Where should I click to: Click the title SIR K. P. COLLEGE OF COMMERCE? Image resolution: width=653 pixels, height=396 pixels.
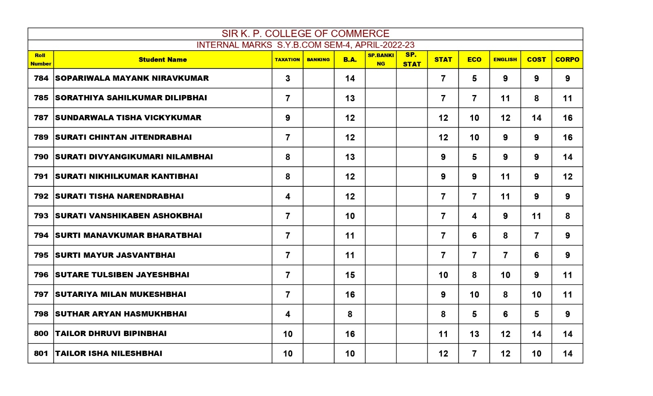point(305,33)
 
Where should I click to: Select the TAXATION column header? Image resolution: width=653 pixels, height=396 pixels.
point(287,60)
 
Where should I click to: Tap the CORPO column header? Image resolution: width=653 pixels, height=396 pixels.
point(567,60)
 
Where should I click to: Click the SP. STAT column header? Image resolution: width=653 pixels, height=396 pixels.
point(411,60)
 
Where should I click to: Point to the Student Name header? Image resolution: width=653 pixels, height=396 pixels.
point(162,60)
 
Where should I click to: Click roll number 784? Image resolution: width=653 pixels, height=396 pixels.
point(41,78)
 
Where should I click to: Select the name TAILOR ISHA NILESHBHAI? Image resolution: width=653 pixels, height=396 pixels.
point(109,354)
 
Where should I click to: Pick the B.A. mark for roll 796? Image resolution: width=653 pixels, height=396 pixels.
point(350,275)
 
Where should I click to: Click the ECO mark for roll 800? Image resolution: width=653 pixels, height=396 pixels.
point(474,334)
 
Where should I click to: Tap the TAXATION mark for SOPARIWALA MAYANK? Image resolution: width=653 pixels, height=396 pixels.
point(287,79)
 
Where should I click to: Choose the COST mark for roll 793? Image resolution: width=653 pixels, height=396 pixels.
point(536,216)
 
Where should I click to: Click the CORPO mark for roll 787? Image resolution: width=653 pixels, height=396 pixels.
point(567,118)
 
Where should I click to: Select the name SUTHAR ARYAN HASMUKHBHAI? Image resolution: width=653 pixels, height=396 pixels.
point(121,314)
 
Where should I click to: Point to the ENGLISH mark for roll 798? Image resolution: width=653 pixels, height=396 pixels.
point(505,314)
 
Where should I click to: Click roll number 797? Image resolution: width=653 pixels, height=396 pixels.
point(41,294)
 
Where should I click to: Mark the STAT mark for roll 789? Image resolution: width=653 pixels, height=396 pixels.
point(443,137)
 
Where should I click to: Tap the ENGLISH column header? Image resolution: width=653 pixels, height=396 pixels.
point(505,60)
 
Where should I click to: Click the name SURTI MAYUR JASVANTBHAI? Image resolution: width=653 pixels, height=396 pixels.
point(115,255)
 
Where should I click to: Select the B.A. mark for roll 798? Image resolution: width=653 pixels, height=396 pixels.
point(350,314)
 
